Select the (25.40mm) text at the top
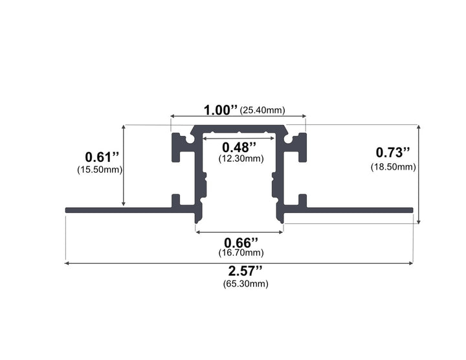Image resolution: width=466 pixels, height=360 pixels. click(x=262, y=111)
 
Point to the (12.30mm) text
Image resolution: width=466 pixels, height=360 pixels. click(x=240, y=159)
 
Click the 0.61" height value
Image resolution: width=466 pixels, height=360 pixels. click(x=102, y=157)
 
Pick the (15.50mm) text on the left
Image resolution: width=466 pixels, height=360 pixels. click(x=99, y=170)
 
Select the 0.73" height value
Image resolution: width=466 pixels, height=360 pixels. click(x=394, y=153)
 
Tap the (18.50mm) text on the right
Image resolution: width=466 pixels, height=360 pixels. click(x=393, y=167)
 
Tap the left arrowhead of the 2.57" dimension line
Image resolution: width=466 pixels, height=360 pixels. click(x=67, y=263)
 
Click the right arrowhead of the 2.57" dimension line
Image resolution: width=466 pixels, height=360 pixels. click(x=410, y=263)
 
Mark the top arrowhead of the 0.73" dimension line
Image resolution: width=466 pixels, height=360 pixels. click(x=419, y=128)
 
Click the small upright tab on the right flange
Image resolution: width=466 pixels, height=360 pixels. click(x=302, y=200)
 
